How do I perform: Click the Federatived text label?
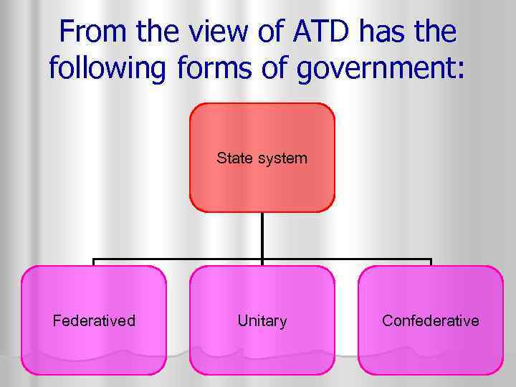(x=93, y=320)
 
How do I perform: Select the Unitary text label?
(x=262, y=320)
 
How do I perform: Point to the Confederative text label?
(x=430, y=320)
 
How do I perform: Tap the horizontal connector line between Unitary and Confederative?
(x=347, y=259)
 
